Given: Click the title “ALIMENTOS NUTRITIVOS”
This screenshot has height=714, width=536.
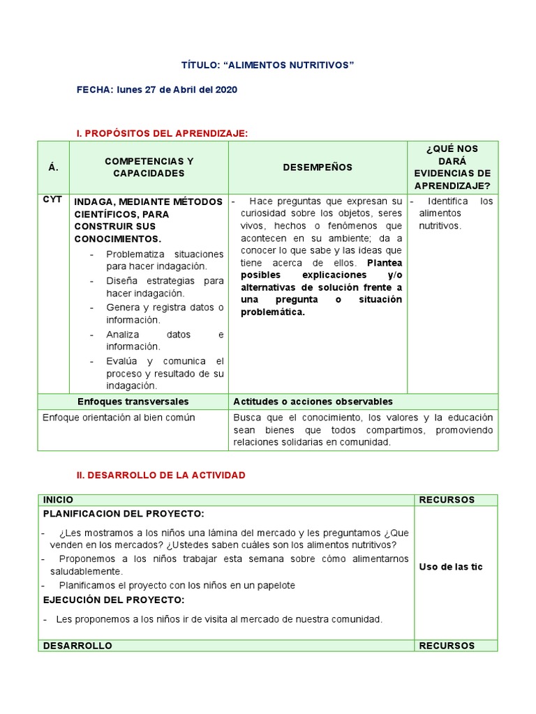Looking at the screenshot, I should point(268,65).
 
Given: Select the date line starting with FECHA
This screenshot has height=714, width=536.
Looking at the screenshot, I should point(157,90).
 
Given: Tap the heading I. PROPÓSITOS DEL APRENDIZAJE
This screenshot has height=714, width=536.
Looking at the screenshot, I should point(162,132).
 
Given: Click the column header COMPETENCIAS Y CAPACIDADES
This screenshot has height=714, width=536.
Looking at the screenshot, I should point(149,167).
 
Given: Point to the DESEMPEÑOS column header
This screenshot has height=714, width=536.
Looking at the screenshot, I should point(318,167).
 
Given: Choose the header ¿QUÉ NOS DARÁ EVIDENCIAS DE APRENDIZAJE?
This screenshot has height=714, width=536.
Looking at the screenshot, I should point(452,167).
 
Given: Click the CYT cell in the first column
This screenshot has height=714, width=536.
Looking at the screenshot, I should point(52,199).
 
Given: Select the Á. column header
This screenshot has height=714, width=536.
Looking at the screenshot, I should point(54,167).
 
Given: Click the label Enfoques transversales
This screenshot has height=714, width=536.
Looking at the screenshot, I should point(133,402).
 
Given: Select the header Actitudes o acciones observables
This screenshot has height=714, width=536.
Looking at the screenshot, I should point(313,402).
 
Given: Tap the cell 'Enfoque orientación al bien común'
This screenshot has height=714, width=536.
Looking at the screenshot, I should point(119,418).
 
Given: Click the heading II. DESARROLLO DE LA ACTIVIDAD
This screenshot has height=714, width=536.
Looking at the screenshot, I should point(161,475).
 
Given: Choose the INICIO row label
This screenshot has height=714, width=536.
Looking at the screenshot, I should point(58,500).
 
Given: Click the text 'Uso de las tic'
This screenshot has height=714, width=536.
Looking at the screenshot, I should point(450,567).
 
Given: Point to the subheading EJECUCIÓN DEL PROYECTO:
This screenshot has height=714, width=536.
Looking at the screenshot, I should point(114,600).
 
